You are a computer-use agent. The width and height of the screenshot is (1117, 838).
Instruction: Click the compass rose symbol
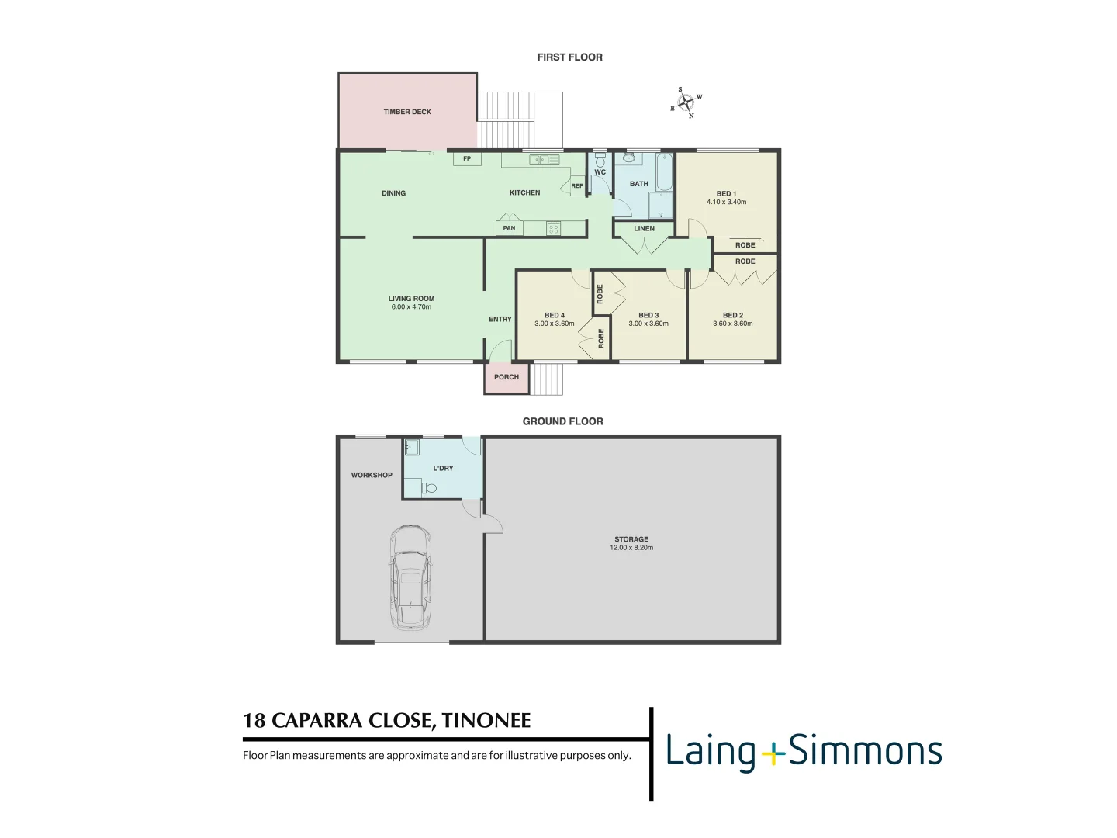(x=686, y=103)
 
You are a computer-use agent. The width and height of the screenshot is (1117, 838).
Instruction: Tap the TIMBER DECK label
(x=407, y=112)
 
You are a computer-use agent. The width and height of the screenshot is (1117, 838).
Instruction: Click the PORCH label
(x=507, y=377)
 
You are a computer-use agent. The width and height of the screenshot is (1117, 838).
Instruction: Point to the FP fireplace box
(x=467, y=159)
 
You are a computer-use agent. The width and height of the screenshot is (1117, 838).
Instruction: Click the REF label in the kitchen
(x=577, y=186)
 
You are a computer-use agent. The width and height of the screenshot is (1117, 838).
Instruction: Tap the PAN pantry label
(x=509, y=228)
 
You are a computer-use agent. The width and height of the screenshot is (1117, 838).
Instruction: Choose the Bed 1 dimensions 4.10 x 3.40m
(x=726, y=203)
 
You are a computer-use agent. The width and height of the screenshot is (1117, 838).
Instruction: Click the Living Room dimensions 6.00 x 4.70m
(x=411, y=307)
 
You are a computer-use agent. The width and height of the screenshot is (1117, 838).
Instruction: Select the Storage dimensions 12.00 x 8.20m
(x=631, y=548)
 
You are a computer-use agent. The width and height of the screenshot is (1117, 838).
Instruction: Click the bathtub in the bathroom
(x=665, y=172)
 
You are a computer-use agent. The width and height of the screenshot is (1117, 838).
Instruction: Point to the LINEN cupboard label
(x=644, y=229)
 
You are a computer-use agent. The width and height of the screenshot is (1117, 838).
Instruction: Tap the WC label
(x=600, y=173)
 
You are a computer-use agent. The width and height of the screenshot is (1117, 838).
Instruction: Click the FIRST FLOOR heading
(x=569, y=57)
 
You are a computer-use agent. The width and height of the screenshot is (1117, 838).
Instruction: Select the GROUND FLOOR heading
(x=562, y=421)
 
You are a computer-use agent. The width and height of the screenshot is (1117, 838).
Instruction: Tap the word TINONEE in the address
(x=486, y=721)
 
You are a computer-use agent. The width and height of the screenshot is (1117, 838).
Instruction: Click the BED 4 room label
(x=554, y=316)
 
